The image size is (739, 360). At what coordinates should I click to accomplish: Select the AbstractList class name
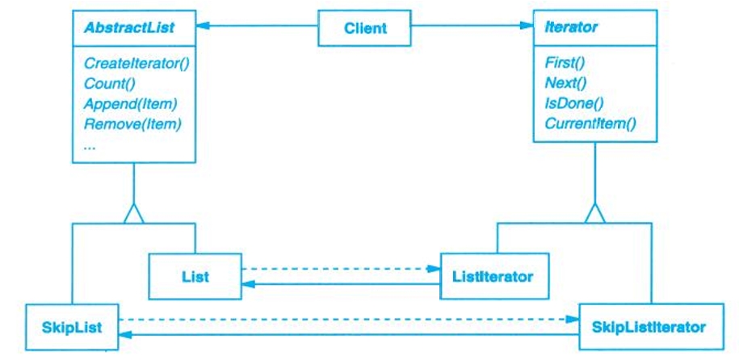[x=120, y=27]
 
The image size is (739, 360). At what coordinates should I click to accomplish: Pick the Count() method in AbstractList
[x=106, y=82]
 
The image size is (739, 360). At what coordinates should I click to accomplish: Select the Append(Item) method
[x=129, y=103]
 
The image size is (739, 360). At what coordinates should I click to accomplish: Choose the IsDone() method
[x=574, y=103]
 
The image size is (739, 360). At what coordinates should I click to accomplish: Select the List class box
[x=195, y=276]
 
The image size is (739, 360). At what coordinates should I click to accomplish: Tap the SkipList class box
[x=71, y=326]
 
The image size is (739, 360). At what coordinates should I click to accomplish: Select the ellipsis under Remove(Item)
[x=90, y=145]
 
